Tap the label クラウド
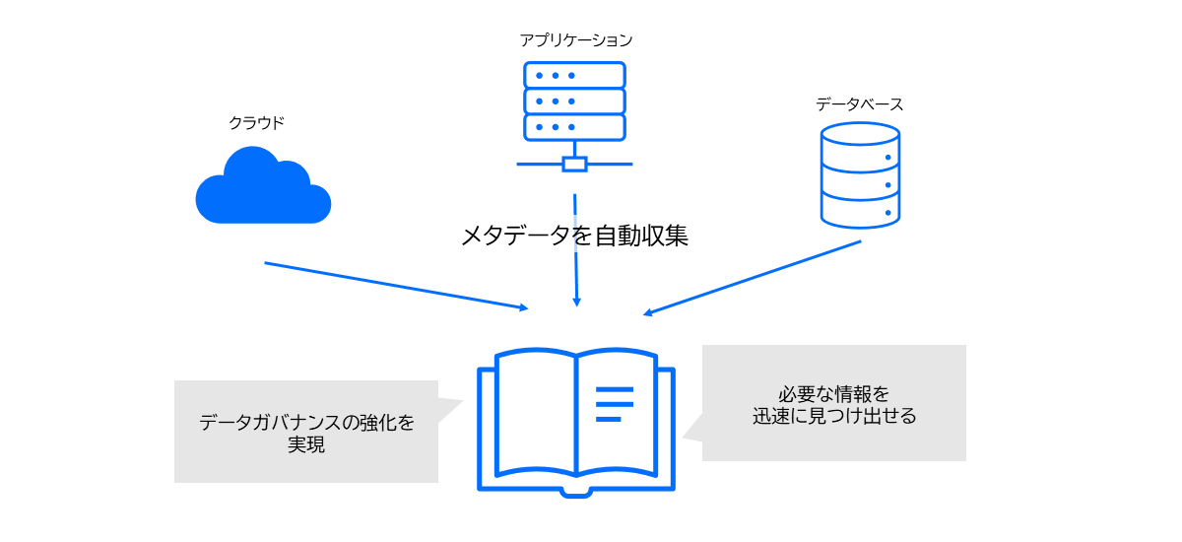(x=257, y=123)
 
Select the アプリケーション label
(x=576, y=40)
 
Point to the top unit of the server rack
(x=574, y=75)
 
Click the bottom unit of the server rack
(x=574, y=127)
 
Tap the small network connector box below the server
(x=574, y=164)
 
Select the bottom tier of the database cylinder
(x=860, y=211)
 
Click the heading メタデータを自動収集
(x=574, y=236)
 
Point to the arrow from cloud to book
(x=394, y=286)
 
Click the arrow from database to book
(x=754, y=278)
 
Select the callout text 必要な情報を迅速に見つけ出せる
(x=834, y=405)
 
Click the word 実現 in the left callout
(x=306, y=444)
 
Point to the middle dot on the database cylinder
(x=887, y=184)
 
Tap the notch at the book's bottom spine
(x=575, y=490)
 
